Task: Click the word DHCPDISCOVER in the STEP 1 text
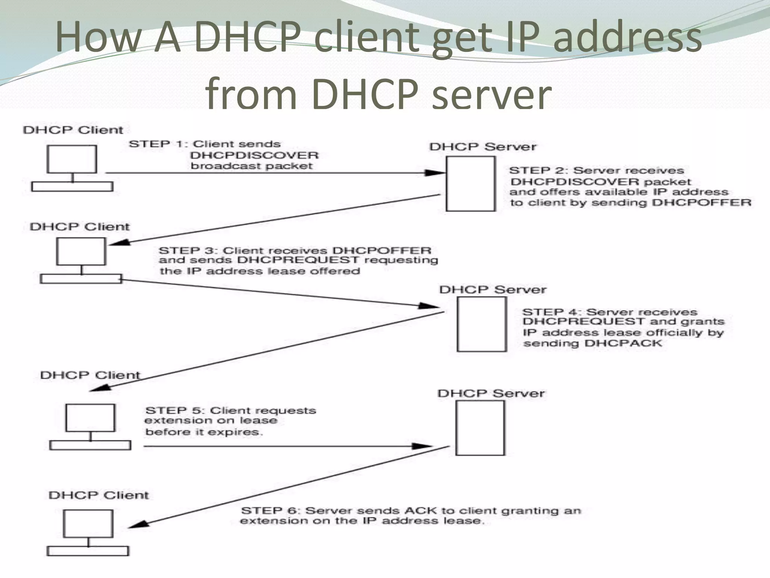254,155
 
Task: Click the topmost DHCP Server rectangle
470,184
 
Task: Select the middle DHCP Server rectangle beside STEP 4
482,324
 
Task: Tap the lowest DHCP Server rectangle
480,428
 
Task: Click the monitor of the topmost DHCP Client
71,159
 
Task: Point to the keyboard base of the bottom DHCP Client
88,551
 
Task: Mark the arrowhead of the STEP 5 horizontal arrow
423,446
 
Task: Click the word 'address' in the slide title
627,37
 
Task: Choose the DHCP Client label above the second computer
79,227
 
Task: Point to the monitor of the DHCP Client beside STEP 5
90,418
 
